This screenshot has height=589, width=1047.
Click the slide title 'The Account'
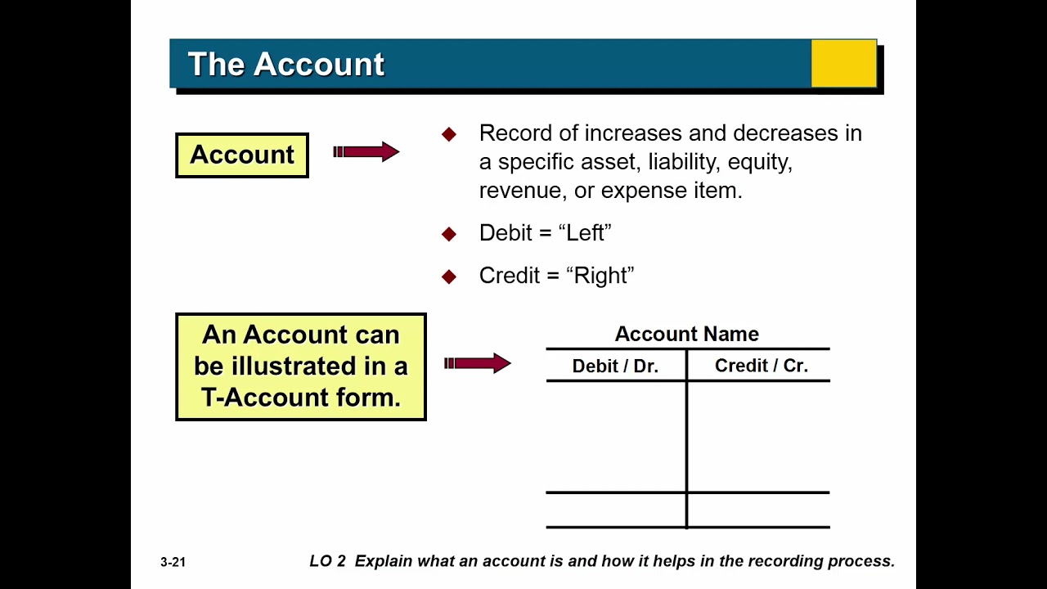click(x=285, y=65)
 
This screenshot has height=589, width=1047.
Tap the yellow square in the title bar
click(x=843, y=64)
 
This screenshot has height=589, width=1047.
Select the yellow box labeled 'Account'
click(x=242, y=155)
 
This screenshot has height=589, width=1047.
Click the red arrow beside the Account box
click(x=366, y=151)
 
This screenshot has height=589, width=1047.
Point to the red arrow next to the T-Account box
click(x=477, y=363)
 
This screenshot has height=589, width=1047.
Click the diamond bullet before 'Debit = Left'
click(x=448, y=234)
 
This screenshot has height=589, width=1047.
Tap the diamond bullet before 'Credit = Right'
click(x=448, y=277)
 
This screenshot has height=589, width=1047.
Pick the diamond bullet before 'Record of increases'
click(x=448, y=134)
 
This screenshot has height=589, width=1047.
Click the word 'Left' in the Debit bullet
click(x=588, y=233)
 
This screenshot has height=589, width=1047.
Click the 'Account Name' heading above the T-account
click(x=686, y=334)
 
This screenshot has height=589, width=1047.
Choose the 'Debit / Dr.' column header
click(x=615, y=366)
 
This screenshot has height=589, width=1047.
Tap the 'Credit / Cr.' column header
click(x=761, y=366)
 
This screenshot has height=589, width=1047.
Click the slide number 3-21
click(x=173, y=562)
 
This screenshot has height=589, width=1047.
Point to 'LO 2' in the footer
click(x=327, y=561)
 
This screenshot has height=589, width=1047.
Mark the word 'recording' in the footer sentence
click(x=775, y=561)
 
